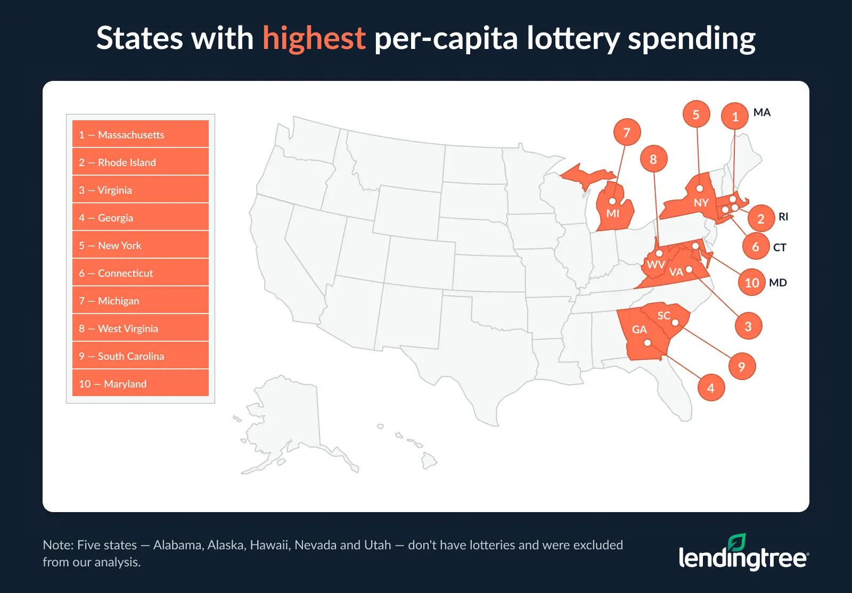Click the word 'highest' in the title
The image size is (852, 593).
(x=314, y=38)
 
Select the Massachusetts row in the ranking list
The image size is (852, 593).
(x=141, y=134)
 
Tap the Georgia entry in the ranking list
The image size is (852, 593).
(x=141, y=217)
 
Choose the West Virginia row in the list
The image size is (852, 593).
(x=141, y=328)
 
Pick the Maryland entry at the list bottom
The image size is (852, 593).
(x=141, y=383)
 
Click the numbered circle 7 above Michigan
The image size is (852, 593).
(x=627, y=133)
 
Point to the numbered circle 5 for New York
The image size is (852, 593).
(x=696, y=114)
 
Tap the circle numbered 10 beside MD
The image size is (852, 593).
(x=751, y=283)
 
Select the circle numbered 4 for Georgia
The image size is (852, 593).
(x=711, y=388)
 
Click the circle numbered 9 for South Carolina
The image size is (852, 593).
(x=742, y=367)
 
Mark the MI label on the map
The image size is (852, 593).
(x=613, y=213)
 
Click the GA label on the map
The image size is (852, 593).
(x=639, y=330)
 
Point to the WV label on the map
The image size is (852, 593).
(x=656, y=265)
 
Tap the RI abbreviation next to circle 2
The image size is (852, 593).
(x=783, y=217)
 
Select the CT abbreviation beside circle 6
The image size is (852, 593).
(x=780, y=248)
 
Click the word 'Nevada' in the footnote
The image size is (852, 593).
(x=315, y=545)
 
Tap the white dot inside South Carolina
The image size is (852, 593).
(x=675, y=323)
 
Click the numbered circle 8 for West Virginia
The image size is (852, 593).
(x=653, y=159)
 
